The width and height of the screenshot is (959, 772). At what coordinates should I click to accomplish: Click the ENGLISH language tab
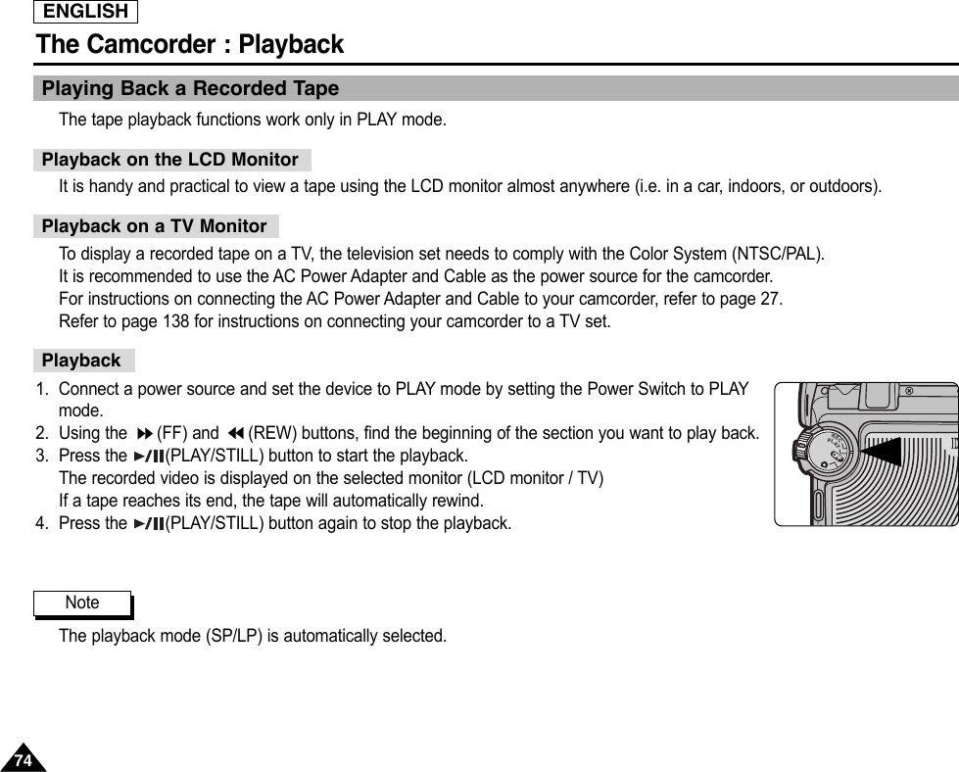(85, 12)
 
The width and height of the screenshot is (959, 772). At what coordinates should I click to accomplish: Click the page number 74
(23, 760)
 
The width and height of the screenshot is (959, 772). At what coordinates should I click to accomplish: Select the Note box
(82, 603)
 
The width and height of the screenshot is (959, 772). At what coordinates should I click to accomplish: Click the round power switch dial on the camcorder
(831, 451)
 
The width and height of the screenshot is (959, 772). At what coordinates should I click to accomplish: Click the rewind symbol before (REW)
(234, 434)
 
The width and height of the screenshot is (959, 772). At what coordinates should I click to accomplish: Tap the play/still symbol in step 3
(149, 457)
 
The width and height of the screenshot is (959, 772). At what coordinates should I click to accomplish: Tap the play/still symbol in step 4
(149, 524)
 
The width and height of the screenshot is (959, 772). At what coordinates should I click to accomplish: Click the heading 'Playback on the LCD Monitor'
(170, 160)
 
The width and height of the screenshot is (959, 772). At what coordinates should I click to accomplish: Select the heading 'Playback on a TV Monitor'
(155, 226)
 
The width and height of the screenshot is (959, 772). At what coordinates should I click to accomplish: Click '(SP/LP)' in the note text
(234, 637)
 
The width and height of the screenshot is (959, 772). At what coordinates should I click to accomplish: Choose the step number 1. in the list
(42, 390)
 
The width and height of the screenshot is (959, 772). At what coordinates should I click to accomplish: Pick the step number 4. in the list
(42, 524)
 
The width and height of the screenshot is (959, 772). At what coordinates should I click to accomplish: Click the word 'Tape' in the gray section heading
(315, 89)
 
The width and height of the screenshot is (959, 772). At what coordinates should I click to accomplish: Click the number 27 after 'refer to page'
(770, 299)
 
